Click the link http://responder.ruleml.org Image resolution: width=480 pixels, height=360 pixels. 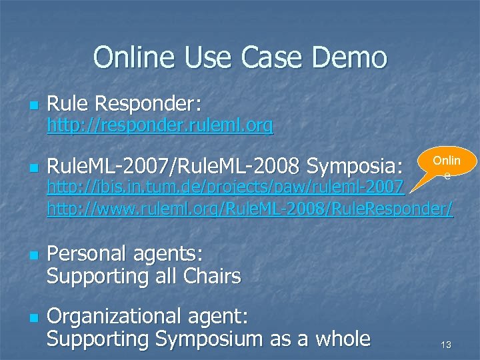click(x=159, y=125)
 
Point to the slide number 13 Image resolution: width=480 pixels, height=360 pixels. click(x=446, y=345)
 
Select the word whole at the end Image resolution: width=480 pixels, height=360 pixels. click(x=337, y=339)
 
